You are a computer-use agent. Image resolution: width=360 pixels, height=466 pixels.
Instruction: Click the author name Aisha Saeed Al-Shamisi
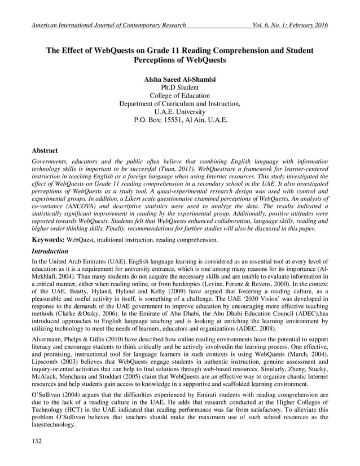180,80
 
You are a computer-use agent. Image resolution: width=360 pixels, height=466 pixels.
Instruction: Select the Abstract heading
45,151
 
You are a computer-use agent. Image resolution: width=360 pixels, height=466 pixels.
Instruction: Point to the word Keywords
47,240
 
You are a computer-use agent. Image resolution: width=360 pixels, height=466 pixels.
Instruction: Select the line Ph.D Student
180,87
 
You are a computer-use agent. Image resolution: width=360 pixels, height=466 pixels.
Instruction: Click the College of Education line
180,96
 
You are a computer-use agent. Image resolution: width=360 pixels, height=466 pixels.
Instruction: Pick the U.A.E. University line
180,112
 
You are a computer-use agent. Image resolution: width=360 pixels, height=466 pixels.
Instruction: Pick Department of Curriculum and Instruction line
180,104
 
